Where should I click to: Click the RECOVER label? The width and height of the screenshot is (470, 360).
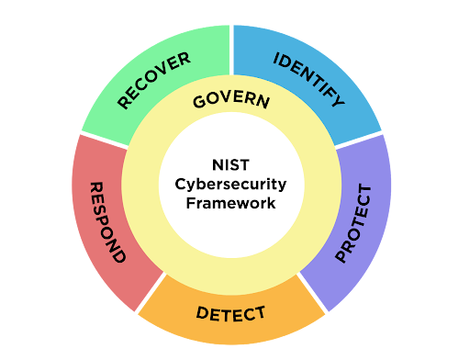pos(154,80)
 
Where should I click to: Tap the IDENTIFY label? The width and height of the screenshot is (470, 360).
pos(309,80)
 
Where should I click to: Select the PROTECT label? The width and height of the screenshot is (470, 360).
pos(353,223)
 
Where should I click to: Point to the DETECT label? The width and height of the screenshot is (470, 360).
pos(230,314)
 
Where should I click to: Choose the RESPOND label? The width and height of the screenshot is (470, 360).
pos(107,222)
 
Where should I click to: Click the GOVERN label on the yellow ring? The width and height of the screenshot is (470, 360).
pos(231,99)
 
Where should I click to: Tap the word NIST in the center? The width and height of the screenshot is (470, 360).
pos(231,165)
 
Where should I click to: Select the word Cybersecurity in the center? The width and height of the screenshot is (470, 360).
pos(230,185)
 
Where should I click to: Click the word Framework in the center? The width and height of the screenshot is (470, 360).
pos(231,203)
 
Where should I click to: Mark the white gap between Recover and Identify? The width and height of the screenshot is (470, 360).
pos(231,50)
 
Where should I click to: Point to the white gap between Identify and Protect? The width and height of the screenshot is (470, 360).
pos(359,141)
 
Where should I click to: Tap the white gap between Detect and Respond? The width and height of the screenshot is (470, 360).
pos(151,293)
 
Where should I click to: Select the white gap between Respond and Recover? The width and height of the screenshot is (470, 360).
pos(104,141)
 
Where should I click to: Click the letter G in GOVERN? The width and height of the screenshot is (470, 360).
pos(199,102)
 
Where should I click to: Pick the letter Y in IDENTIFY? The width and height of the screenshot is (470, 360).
pos(339,100)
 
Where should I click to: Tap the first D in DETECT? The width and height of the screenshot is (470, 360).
pos(202,312)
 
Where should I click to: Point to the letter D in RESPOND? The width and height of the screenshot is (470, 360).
pos(118,254)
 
